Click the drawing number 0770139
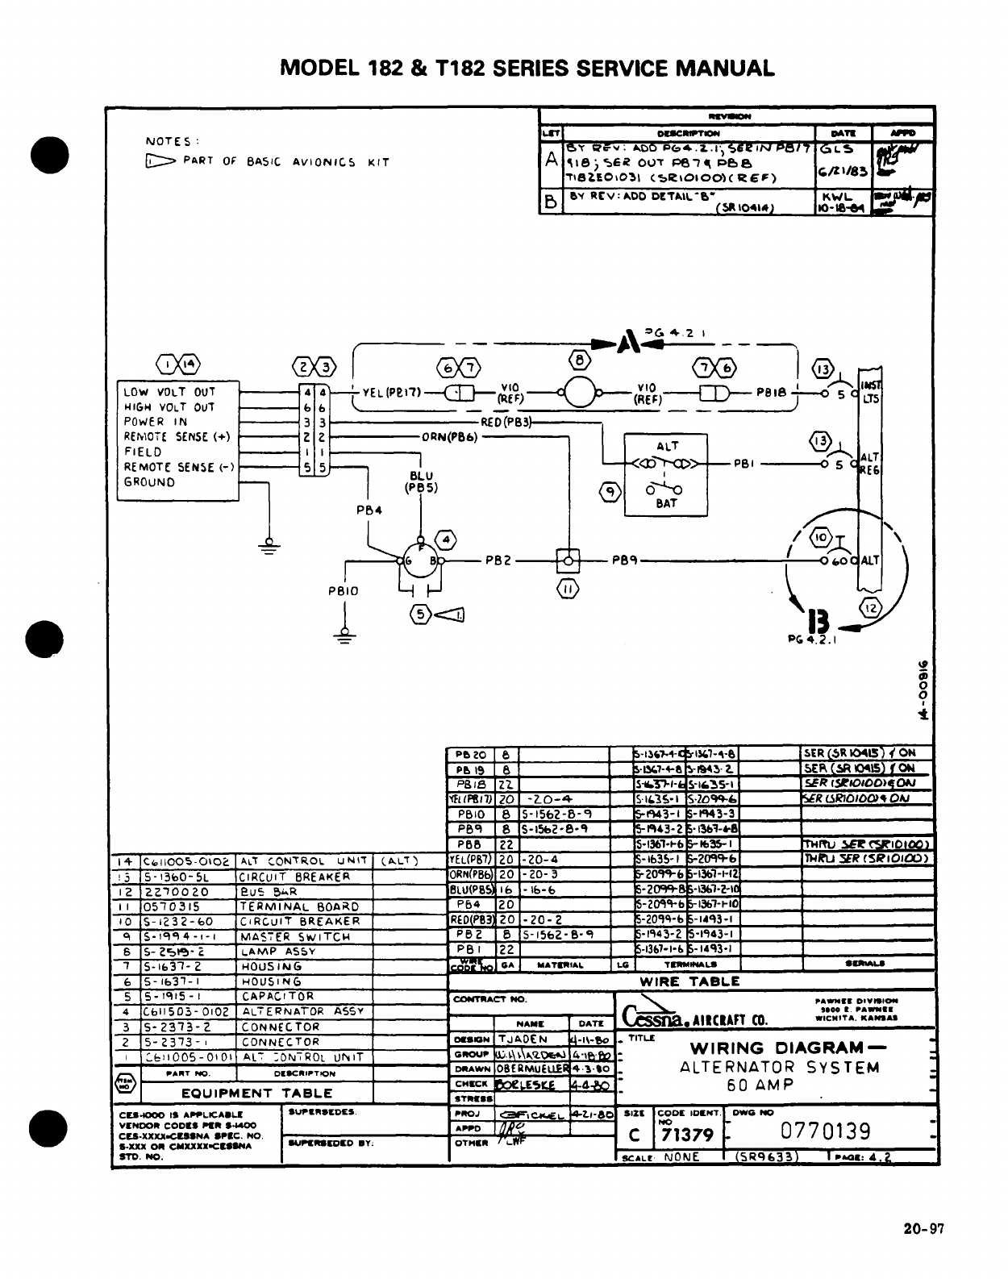coord(825,1131)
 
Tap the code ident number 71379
coord(686,1135)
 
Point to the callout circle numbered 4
coord(445,539)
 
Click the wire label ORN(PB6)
coord(451,437)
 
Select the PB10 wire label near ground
coord(343,591)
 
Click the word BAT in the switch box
coord(666,503)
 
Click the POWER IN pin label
coord(155,422)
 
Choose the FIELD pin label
coord(143,452)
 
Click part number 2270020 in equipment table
coord(177,892)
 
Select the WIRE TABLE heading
coord(689,981)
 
